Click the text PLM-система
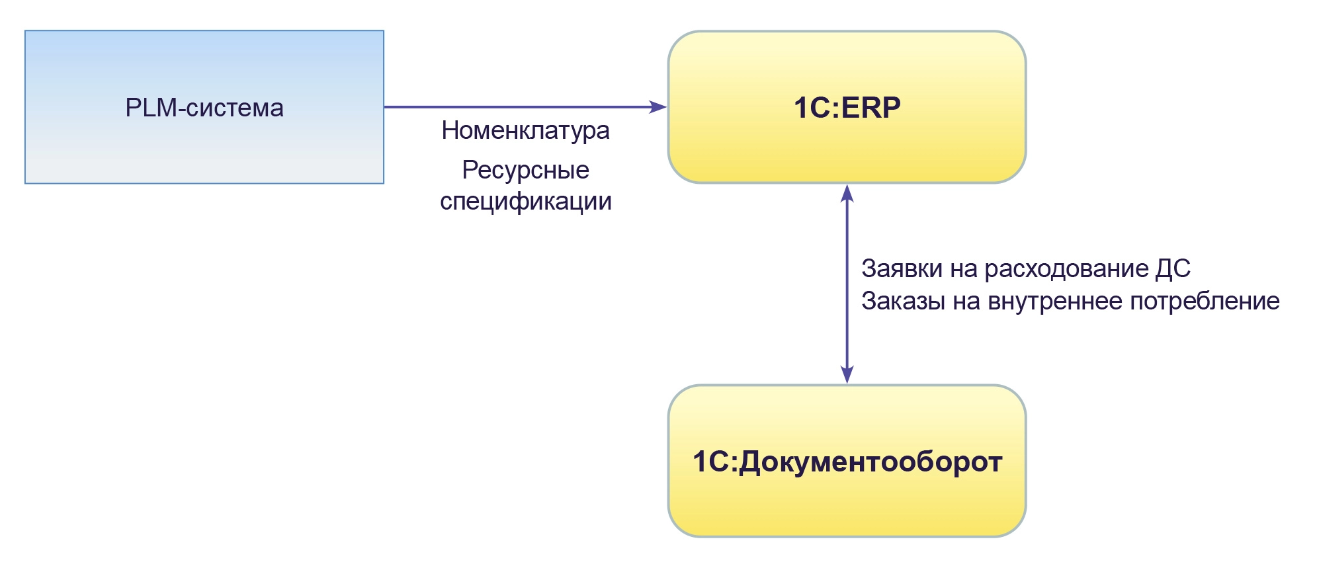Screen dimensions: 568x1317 coord(204,108)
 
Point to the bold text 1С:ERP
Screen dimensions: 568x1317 coord(847,108)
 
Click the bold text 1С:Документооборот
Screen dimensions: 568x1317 coord(847,462)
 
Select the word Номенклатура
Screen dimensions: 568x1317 coord(525,130)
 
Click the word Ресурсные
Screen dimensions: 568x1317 coord(525,170)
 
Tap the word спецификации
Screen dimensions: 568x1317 coord(525,201)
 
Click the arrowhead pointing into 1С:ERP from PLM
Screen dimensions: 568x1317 coord(659,106)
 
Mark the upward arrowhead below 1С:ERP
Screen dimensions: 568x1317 coord(847,192)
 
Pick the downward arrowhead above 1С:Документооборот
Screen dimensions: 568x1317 coord(847,376)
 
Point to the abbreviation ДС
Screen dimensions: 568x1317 coord(1172,268)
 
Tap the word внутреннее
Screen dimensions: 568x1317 coord(1054,301)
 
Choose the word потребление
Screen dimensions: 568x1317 coord(1204,301)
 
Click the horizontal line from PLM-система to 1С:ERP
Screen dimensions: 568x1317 coord(516,106)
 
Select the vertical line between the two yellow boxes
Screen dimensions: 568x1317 coord(847,284)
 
